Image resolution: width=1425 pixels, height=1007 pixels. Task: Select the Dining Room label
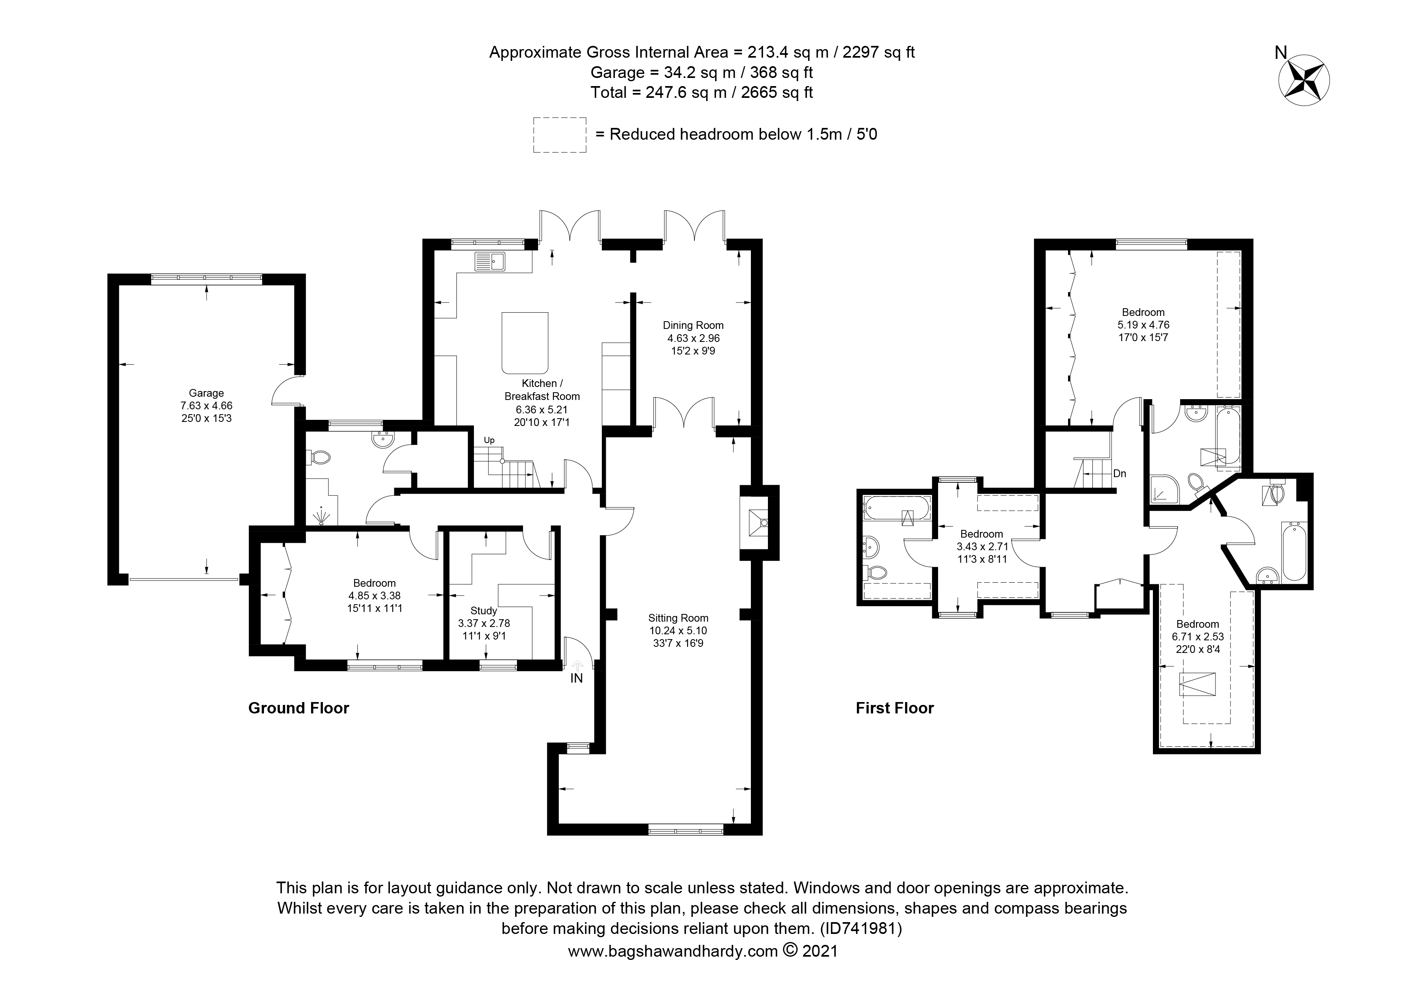693,325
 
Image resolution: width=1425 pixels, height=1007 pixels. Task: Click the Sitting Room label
678,618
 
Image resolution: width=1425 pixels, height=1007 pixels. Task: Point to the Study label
484,611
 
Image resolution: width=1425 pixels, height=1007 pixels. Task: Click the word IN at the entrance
577,678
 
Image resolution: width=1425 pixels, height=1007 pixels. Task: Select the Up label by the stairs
489,441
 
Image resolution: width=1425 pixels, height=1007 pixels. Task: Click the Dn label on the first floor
1120,473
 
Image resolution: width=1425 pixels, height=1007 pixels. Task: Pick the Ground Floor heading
298,708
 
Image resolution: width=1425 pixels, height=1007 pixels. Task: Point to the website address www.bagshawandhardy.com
673,968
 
